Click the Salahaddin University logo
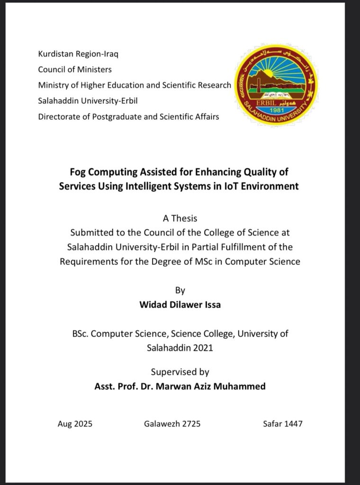tap(276, 85)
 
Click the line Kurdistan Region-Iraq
tap(78, 54)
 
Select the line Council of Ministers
tap(75, 69)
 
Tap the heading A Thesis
tap(180, 218)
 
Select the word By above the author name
tap(180, 290)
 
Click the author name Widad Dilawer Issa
tap(180, 305)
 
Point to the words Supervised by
tap(180, 372)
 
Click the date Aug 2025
tap(75, 423)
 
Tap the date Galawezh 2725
tap(172, 423)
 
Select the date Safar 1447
tap(283, 423)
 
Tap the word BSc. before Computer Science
tap(80, 333)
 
